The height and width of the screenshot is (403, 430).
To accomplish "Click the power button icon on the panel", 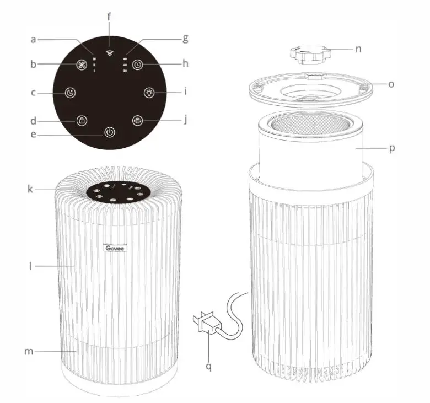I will [110, 132].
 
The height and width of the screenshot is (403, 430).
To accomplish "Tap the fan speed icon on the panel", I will [81, 64].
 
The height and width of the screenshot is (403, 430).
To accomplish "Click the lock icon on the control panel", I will [81, 120].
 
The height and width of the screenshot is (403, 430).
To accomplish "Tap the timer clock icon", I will [138, 64].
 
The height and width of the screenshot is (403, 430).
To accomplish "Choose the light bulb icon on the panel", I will [149, 92].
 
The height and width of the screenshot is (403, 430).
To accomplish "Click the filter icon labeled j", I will [138, 120].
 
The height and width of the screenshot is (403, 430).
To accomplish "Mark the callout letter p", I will [391, 148].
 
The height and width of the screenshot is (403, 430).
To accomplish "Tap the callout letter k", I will [31, 189].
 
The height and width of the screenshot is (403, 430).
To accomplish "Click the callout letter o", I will [391, 84].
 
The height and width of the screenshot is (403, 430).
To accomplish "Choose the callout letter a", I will [33, 39].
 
